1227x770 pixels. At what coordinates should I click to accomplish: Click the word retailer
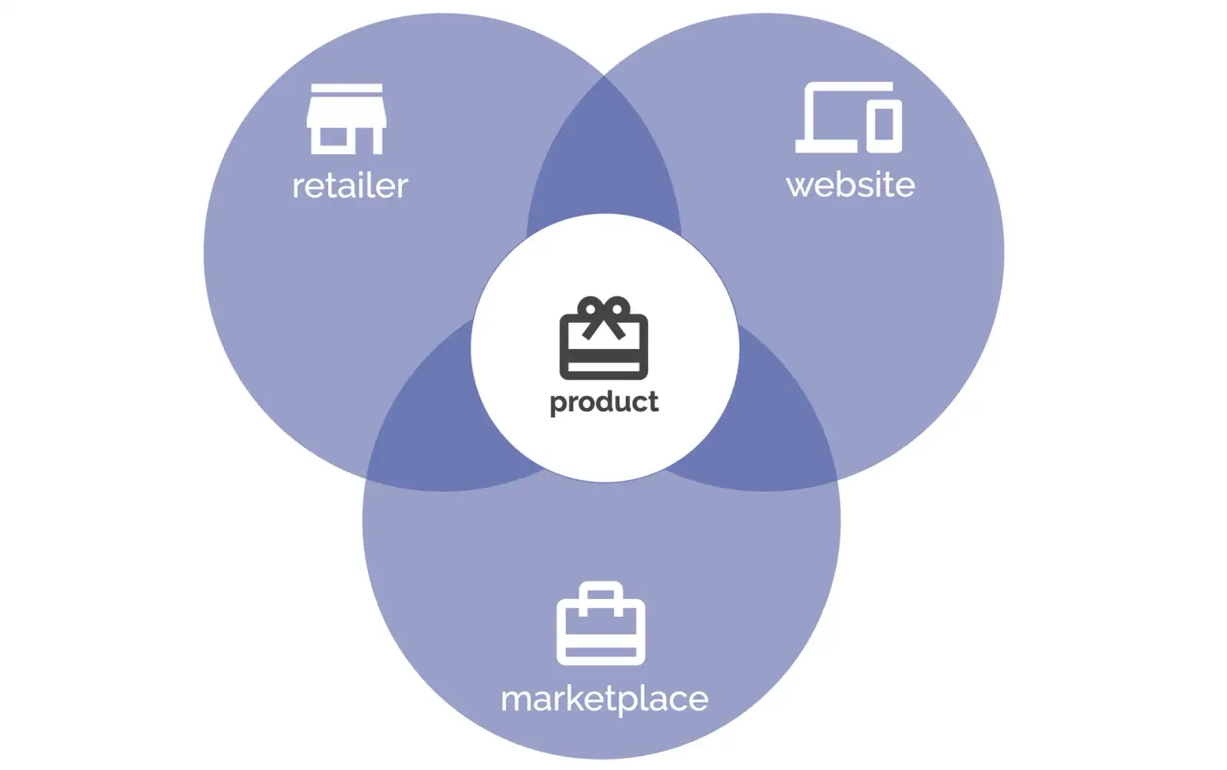tap(350, 186)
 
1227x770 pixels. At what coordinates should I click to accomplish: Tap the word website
tap(850, 185)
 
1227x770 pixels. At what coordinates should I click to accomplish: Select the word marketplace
tap(604, 699)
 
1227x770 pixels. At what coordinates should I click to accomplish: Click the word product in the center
tap(604, 402)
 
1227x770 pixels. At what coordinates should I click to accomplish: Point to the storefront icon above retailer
tap(346, 119)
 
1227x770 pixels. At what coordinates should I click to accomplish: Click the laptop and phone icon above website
tap(848, 117)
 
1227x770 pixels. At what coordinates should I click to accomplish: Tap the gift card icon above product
tap(604, 338)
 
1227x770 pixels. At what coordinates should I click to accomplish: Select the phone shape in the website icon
tap(883, 125)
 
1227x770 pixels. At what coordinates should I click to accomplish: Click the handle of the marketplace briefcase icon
tap(600, 592)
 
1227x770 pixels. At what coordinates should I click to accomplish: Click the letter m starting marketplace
tap(516, 699)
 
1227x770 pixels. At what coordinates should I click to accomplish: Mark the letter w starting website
tap(800, 186)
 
